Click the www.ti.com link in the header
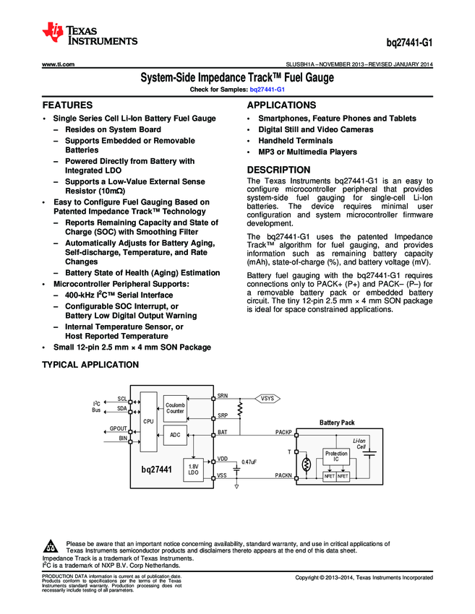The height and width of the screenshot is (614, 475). (59, 64)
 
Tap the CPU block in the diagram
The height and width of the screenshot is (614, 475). (148, 421)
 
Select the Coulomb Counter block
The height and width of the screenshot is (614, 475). (176, 407)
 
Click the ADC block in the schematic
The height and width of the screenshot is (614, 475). (176, 435)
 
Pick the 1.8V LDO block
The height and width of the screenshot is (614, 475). (193, 470)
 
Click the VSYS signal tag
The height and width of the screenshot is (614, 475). (268, 398)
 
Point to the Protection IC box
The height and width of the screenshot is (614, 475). (336, 456)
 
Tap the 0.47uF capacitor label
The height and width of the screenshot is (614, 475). (249, 461)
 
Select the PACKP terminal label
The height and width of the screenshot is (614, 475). (283, 431)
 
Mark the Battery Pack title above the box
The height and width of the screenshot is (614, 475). (337, 423)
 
